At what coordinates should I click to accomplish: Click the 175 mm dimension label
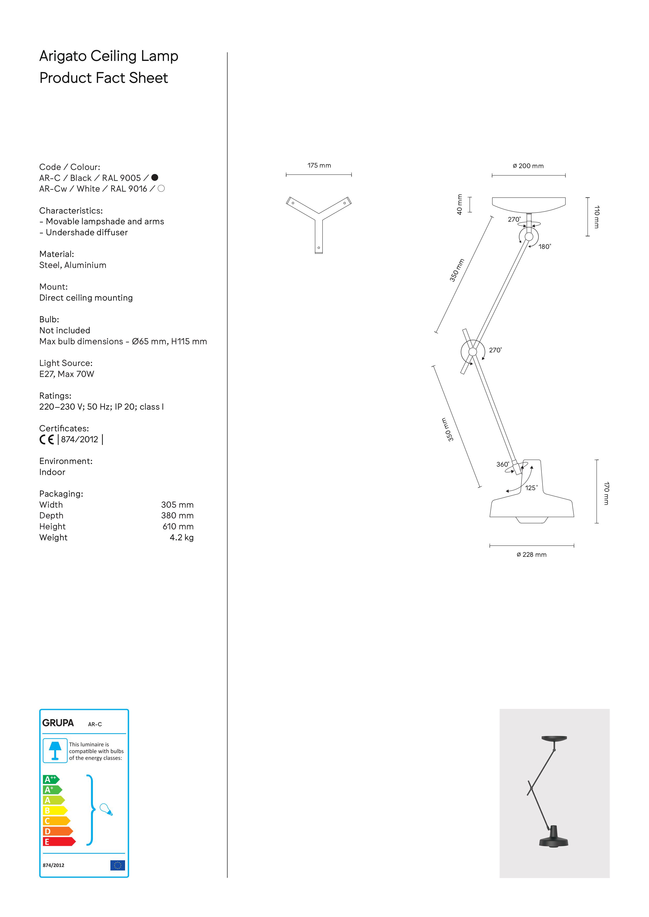(x=319, y=165)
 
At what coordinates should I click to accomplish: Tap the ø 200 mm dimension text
(x=528, y=166)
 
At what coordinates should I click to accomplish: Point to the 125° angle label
(x=531, y=488)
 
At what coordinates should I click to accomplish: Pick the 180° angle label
(x=544, y=247)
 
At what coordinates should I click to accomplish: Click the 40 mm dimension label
(x=460, y=204)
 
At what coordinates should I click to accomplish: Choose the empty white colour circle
(x=161, y=188)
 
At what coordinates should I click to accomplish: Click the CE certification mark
(x=46, y=439)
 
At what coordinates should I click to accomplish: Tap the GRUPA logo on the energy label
(x=58, y=723)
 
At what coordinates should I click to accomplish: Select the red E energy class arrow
(x=58, y=841)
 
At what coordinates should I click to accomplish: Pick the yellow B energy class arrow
(x=54, y=810)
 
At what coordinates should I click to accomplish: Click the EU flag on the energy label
(x=117, y=865)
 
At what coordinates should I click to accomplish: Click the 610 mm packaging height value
(x=178, y=526)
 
